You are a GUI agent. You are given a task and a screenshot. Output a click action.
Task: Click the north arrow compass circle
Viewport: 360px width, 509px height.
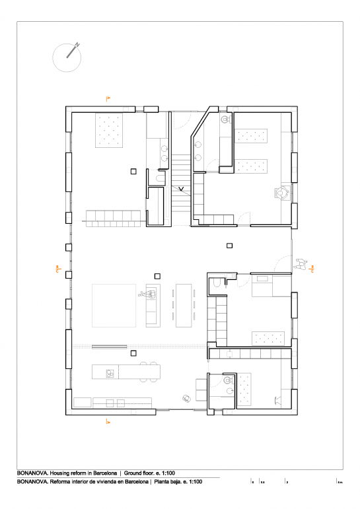(66, 57)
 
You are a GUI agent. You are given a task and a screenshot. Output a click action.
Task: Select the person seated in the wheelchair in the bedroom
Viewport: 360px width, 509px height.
(283, 193)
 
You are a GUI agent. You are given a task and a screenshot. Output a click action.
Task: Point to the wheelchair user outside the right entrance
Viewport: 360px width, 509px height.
(303, 264)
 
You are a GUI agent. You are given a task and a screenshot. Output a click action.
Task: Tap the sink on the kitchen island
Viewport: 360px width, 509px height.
(108, 373)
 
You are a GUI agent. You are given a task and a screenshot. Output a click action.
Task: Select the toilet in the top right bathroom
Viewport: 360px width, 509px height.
(226, 119)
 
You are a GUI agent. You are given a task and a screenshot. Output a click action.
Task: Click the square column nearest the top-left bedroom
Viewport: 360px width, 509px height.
(133, 171)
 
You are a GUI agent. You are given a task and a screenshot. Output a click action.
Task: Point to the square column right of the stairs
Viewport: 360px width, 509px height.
(229, 246)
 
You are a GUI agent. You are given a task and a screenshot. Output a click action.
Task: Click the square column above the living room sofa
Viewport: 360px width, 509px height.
(157, 276)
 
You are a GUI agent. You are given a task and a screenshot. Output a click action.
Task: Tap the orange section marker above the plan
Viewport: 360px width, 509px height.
(108, 98)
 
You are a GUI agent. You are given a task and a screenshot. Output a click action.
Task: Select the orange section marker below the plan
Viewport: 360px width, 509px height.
(108, 421)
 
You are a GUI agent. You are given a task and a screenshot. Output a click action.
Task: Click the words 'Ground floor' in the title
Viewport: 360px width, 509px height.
(141, 473)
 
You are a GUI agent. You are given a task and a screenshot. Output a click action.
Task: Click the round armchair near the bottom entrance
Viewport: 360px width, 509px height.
(187, 397)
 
